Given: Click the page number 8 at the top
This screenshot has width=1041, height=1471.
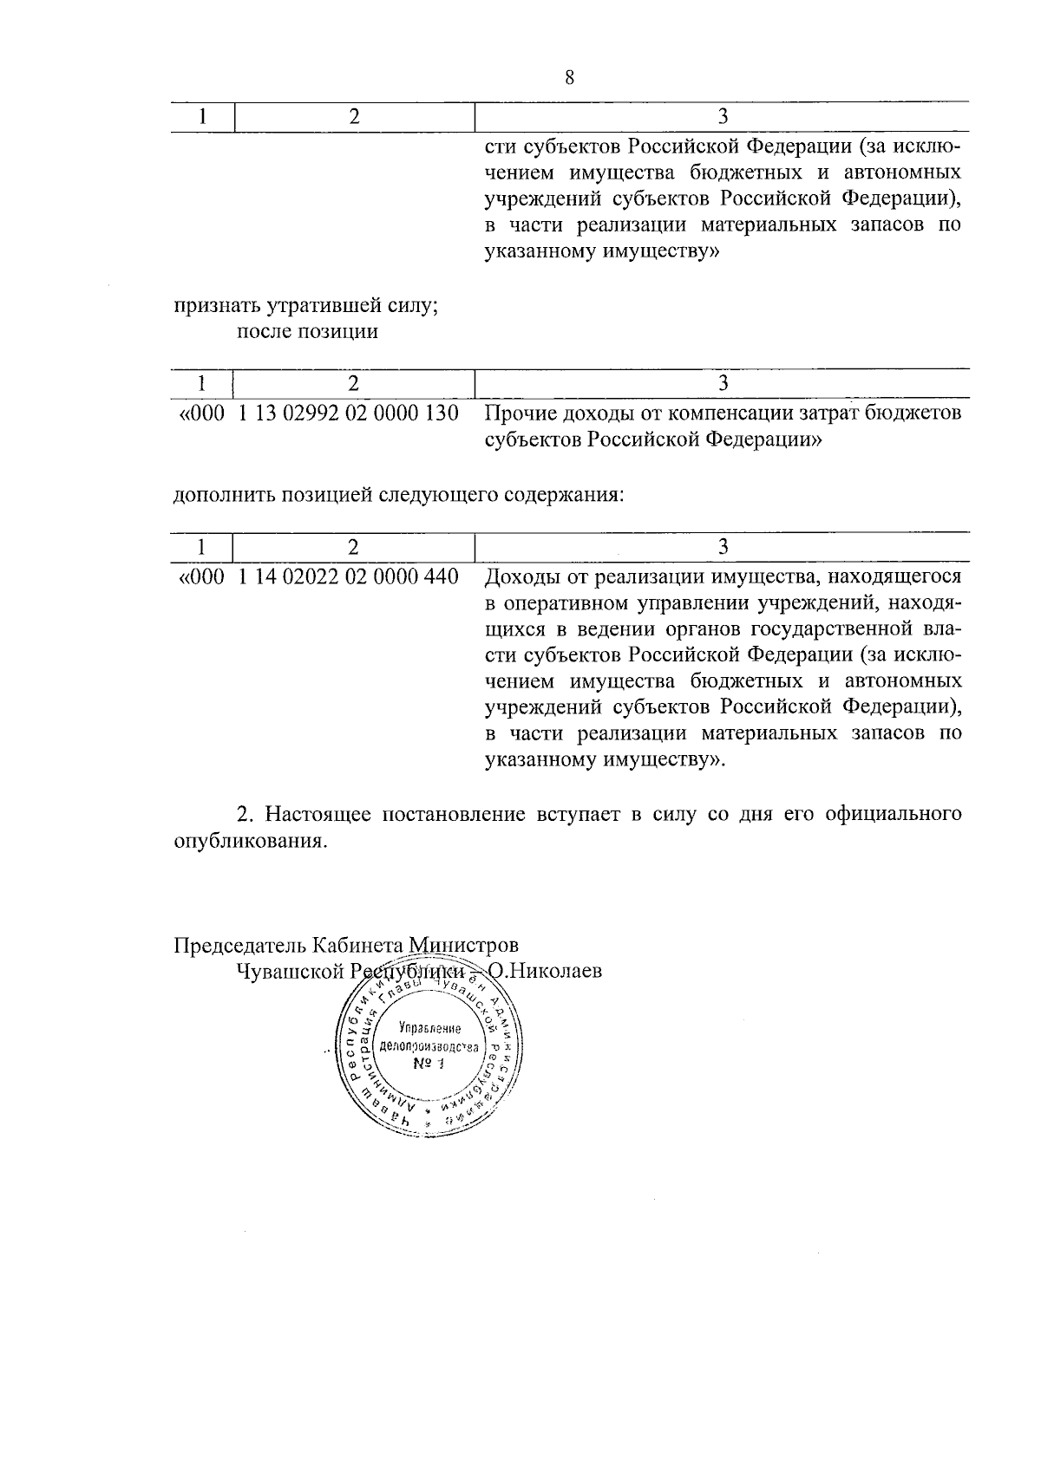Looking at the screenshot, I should coord(569,78).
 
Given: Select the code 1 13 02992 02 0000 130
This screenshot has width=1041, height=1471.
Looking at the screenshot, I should coord(348,413).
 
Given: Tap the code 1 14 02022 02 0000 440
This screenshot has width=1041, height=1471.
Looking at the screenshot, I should coord(348,576).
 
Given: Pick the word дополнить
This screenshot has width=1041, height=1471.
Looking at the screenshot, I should coord(220,496).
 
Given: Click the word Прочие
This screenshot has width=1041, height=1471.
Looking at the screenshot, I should coord(520,413).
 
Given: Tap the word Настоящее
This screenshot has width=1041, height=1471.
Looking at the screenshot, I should coord(318,815).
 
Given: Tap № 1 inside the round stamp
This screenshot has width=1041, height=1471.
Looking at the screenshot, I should coord(428,1064).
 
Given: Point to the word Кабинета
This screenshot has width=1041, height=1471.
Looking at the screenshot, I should coord(359,944).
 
